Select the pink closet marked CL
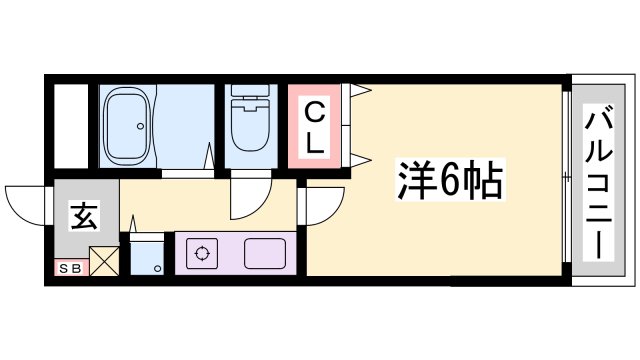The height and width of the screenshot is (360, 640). (x=314, y=127)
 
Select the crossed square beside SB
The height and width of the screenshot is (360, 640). (x=104, y=263)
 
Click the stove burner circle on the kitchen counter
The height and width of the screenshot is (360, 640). (x=202, y=253)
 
